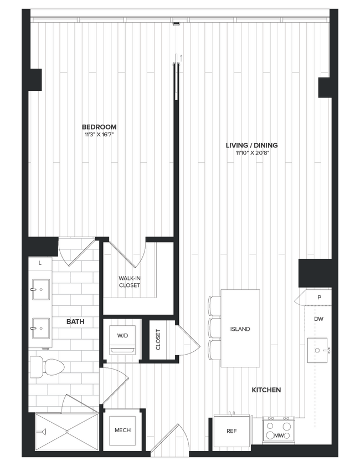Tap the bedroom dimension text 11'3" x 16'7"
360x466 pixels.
(100, 134)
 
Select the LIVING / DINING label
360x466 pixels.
(251, 145)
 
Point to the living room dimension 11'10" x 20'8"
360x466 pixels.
(251, 153)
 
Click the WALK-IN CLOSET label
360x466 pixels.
(129, 281)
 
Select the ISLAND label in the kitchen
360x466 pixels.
(240, 329)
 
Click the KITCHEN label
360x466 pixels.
(266, 390)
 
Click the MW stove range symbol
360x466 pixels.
(279, 431)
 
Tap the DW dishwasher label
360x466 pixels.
(318, 319)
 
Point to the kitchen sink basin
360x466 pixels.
(317, 350)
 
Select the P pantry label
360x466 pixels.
(319, 298)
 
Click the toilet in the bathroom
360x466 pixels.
(43, 366)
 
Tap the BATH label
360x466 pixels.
(75, 321)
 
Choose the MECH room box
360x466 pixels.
(122, 431)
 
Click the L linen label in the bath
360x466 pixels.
(40, 263)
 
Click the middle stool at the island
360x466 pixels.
(214, 328)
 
